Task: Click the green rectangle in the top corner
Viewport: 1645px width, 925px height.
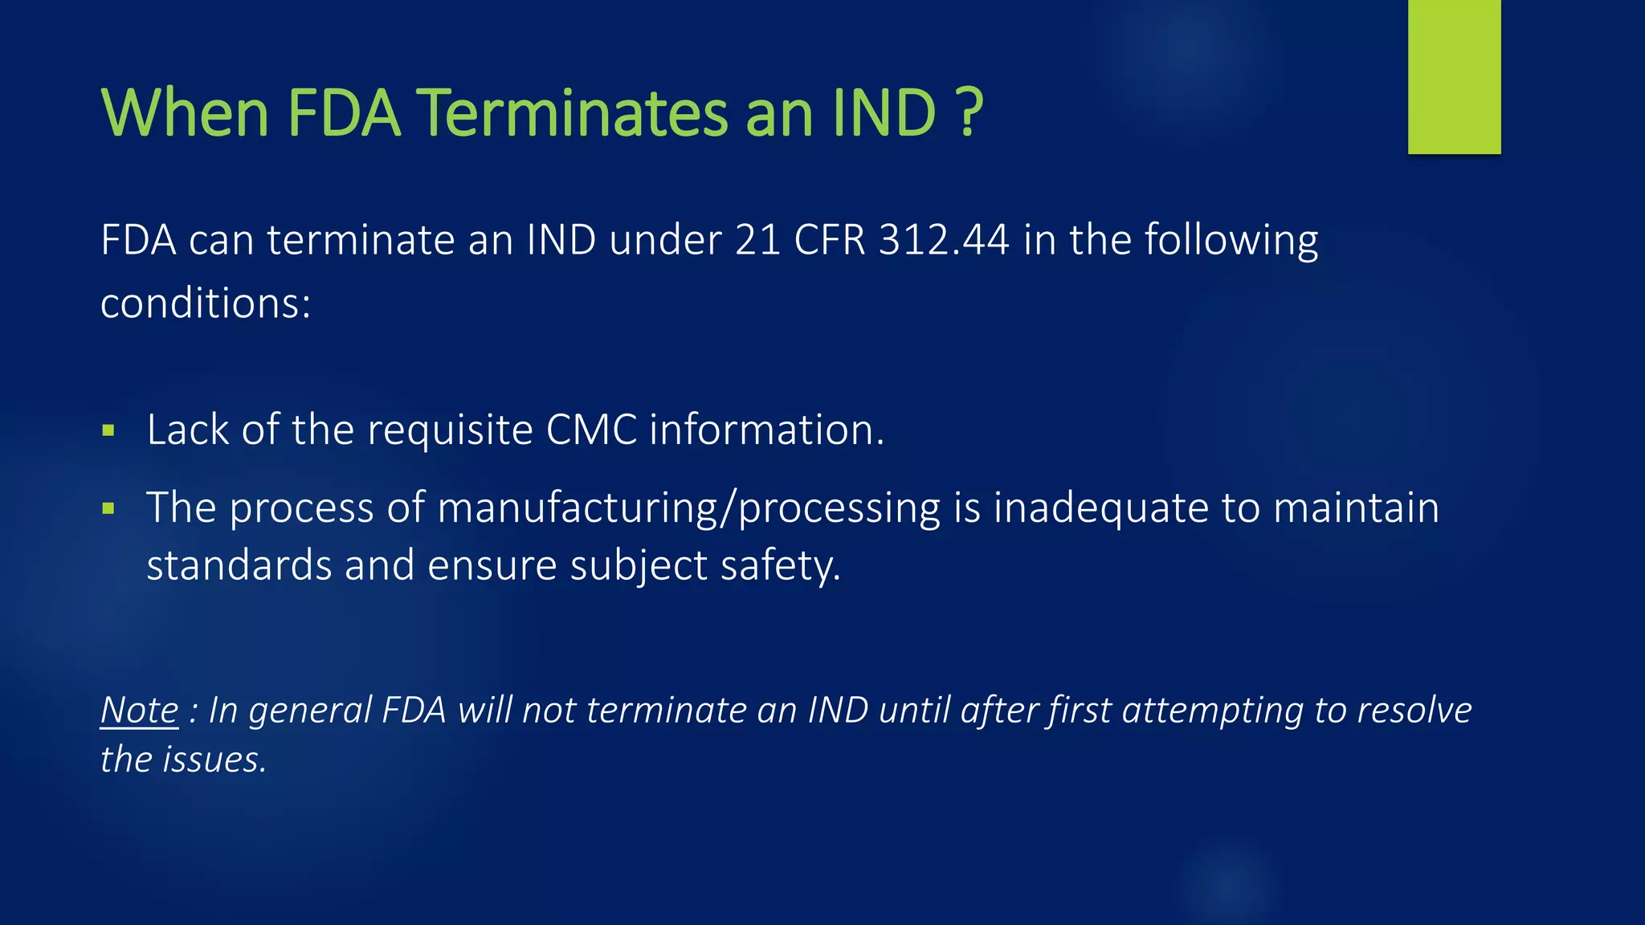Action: click(1454, 76)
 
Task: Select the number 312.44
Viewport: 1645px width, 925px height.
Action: click(944, 240)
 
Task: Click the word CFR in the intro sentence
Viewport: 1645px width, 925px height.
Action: click(830, 240)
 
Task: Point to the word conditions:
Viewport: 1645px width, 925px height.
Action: click(206, 304)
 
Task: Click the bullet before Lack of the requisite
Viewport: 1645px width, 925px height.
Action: click(109, 431)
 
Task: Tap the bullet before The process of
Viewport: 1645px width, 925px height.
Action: click(109, 508)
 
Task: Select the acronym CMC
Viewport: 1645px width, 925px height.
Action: click(591, 430)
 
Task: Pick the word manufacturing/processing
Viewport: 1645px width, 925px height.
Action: click(688, 508)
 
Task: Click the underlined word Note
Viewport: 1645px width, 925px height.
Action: click(140, 711)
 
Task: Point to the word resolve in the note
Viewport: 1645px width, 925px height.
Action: click(1414, 711)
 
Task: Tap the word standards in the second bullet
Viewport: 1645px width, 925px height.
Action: click(239, 565)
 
